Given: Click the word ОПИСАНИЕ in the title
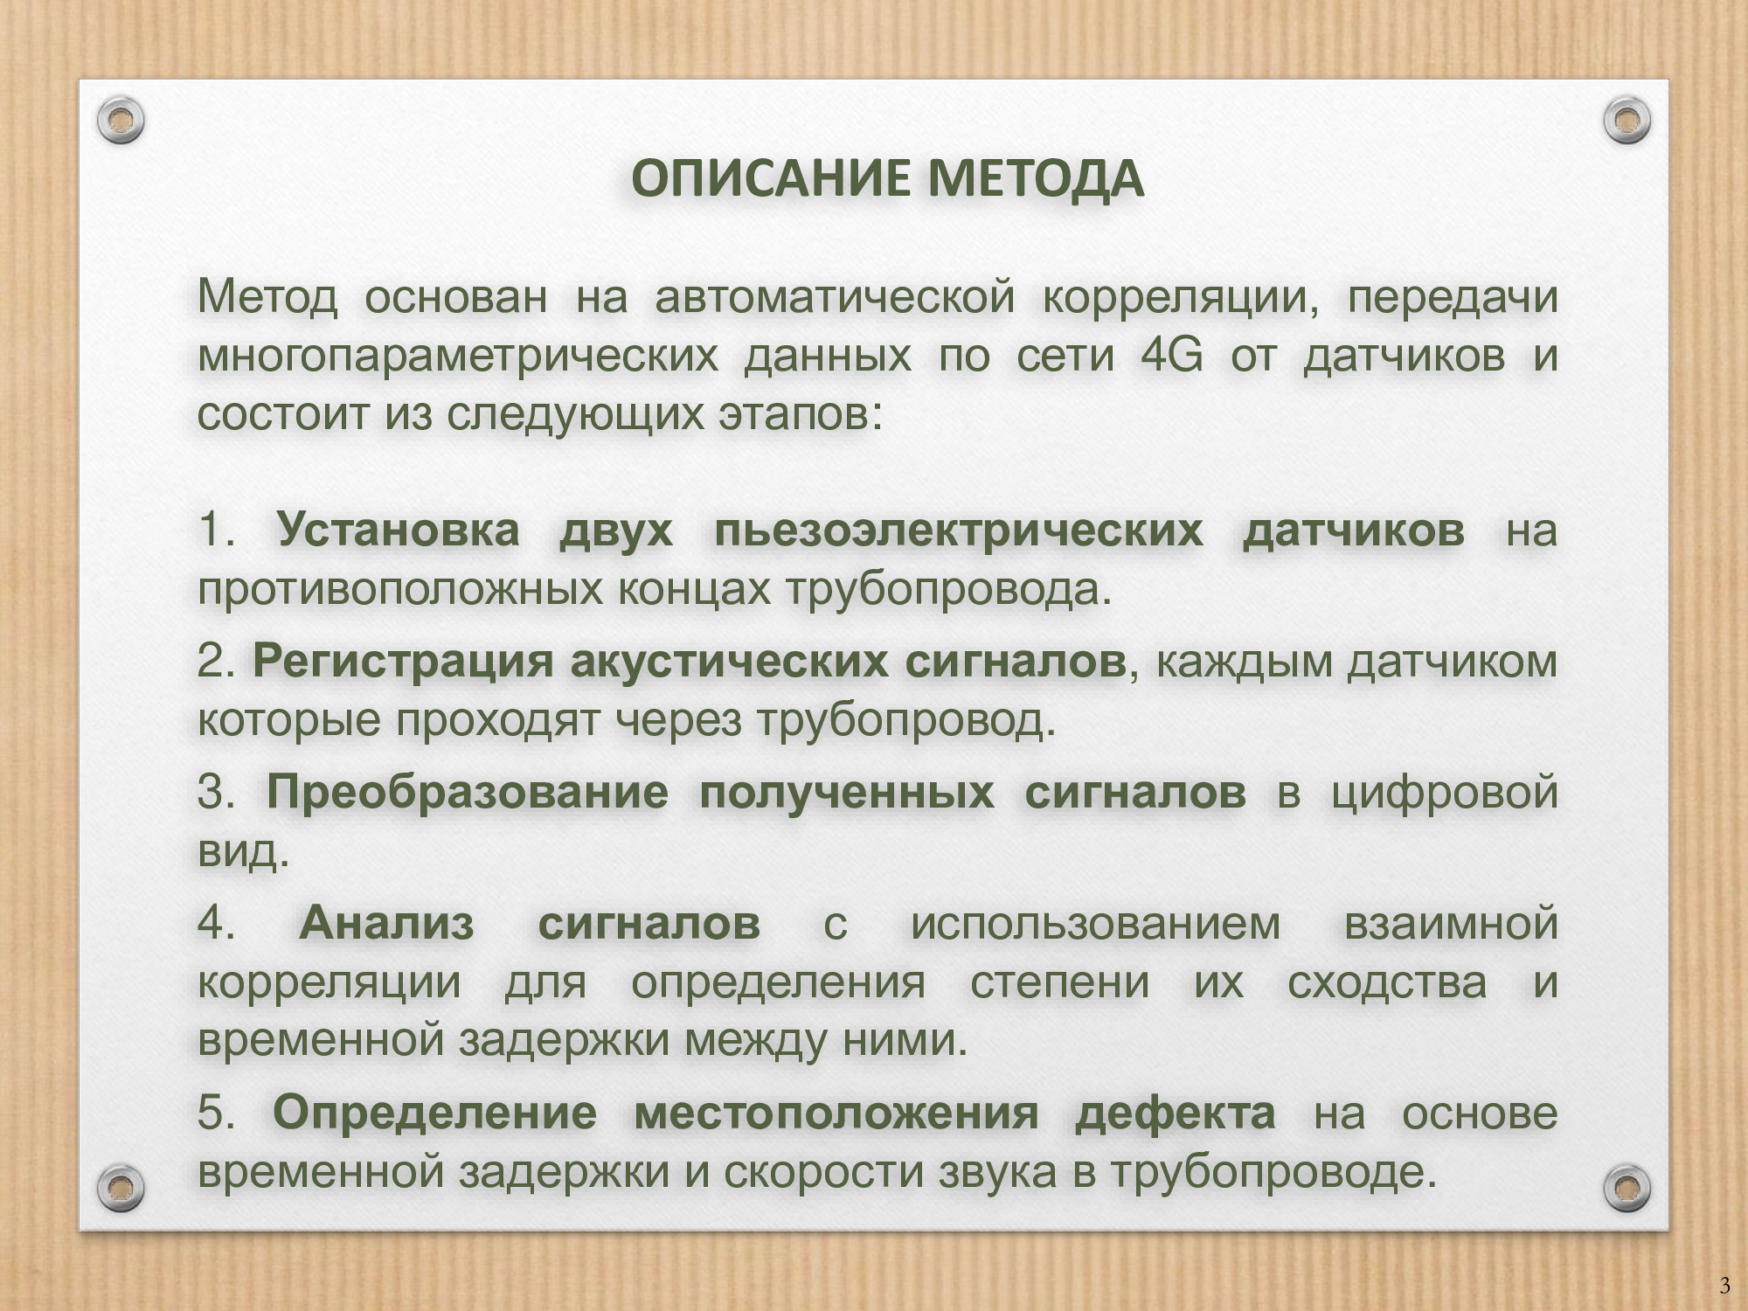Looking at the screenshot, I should point(773,179).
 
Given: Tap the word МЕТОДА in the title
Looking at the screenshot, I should point(1036,179).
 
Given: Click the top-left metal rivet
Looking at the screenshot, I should point(121,120).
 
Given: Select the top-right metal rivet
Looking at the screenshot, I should point(1627,120).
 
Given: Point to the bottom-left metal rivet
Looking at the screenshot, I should point(121,1187).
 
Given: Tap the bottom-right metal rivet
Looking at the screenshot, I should point(1627,1187).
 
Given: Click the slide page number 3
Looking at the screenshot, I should point(1724,1286).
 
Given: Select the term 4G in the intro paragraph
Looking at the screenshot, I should point(1172,356).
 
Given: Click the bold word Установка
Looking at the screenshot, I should point(398,531).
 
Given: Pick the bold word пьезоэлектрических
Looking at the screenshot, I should point(958,531).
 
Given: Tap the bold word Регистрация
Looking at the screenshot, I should point(403,662).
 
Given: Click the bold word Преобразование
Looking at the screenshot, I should point(467,793).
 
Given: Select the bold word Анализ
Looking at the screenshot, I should point(386,924).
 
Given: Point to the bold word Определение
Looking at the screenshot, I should point(434,1113).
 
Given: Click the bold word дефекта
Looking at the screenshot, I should point(1175,1113).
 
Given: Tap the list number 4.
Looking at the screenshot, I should point(215,924).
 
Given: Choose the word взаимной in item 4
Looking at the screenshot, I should point(1451,924).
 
